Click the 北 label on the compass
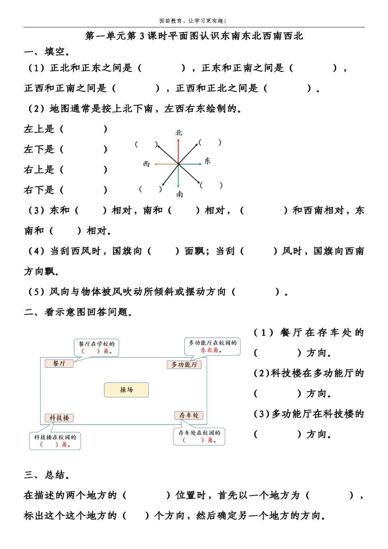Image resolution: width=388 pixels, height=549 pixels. tap(179, 133)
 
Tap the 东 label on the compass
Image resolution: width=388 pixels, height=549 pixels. tap(207, 161)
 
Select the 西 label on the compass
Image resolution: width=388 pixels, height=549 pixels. tap(146, 164)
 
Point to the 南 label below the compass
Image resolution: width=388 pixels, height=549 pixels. tap(179, 194)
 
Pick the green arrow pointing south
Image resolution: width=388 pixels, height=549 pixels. tap(179, 176)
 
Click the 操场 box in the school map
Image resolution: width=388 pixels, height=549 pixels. tap(126, 390)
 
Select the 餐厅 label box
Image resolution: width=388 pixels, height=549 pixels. tap(59, 363)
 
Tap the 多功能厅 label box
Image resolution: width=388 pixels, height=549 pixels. tap(184, 365)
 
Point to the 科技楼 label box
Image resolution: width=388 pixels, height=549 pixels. tap(59, 418)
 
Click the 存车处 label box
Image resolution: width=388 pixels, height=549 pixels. tap(189, 415)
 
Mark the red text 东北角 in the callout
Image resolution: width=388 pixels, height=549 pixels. tap(210, 350)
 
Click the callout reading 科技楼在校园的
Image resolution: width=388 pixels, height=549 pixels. tap(55, 440)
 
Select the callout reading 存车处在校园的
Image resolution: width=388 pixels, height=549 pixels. tap(199, 436)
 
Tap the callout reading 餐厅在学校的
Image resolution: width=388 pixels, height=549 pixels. tap(97, 347)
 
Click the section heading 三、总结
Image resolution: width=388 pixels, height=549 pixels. tap(47, 475)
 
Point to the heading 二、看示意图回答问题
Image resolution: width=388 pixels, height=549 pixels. tap(78, 312)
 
